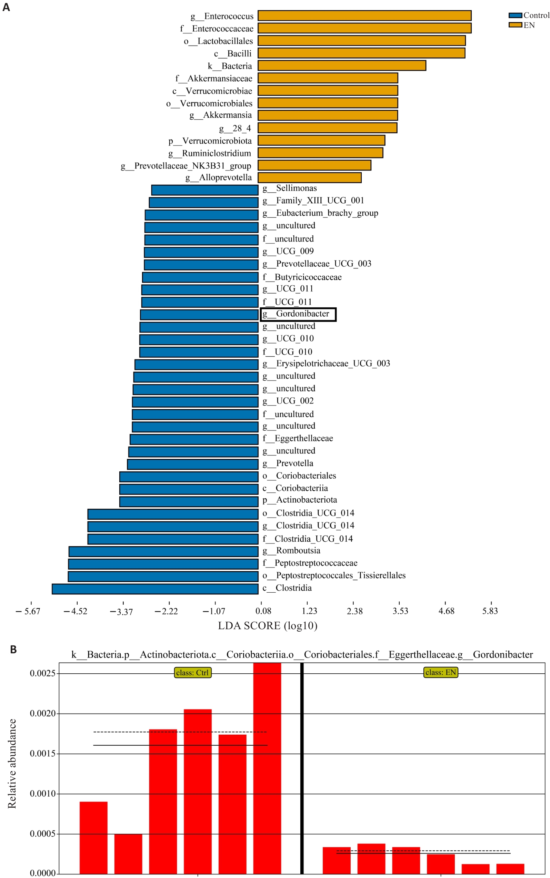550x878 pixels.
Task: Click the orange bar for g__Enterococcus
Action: (x=364, y=16)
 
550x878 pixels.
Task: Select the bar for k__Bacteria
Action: (x=342, y=66)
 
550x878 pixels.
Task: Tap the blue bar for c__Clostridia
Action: (x=155, y=589)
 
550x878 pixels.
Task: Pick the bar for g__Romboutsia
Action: (x=163, y=551)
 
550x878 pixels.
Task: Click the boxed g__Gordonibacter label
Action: (x=298, y=314)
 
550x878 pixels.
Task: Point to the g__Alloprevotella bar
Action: (x=310, y=178)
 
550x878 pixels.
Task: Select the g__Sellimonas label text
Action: (x=290, y=188)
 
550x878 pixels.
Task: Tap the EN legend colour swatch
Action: (x=515, y=25)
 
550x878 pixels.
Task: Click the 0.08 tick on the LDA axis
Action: (x=263, y=611)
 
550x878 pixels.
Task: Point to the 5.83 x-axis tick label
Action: (x=490, y=611)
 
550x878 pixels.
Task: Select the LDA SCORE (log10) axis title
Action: (x=268, y=626)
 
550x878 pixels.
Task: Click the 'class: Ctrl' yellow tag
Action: (x=192, y=673)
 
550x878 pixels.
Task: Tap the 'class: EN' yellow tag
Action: (x=440, y=672)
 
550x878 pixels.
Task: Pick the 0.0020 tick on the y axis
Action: (x=42, y=713)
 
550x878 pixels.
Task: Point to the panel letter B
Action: (x=13, y=650)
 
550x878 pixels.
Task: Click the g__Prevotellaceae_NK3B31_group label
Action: (x=186, y=166)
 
